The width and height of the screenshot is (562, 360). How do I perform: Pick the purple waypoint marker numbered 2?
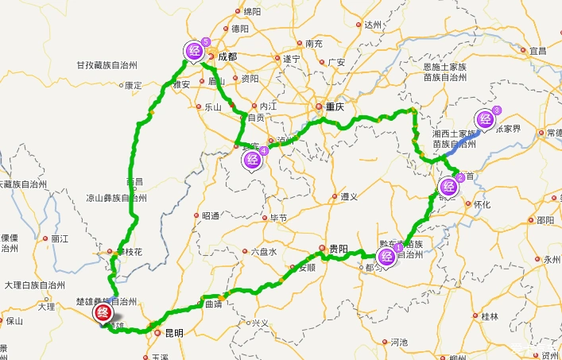[448, 185]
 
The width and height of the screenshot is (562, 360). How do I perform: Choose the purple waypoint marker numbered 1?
[387, 255]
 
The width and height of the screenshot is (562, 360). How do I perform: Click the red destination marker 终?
[103, 313]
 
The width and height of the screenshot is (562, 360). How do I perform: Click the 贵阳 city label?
[338, 248]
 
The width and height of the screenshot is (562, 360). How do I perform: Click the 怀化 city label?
[483, 203]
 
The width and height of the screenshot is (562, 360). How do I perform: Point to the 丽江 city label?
[60, 238]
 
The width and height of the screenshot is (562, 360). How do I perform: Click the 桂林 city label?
[490, 315]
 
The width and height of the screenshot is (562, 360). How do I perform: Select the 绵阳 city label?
[252, 12]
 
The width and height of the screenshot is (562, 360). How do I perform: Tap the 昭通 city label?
[210, 215]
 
